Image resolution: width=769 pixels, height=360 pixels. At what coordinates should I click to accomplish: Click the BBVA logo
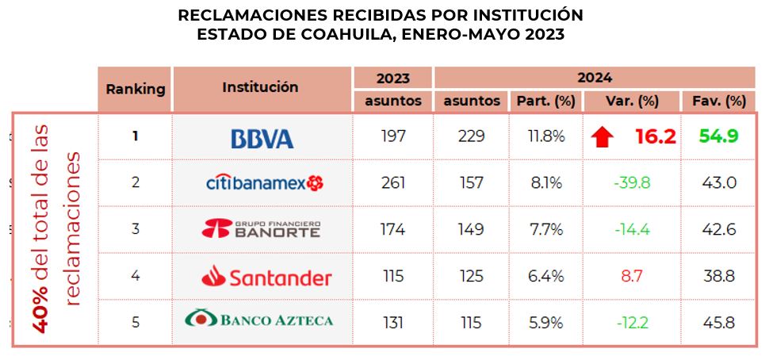[262, 138]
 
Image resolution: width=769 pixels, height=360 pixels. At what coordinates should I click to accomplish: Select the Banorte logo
[262, 230]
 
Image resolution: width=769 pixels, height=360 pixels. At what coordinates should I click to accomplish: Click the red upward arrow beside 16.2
[603, 137]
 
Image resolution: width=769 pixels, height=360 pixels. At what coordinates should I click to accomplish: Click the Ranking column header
[136, 89]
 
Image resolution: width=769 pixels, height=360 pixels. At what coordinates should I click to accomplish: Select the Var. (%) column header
[632, 101]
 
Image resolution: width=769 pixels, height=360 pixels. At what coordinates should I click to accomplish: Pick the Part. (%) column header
[545, 101]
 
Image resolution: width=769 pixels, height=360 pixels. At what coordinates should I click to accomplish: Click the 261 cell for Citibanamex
[392, 183]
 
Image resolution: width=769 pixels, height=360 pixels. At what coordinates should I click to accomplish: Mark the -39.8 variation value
[631, 183]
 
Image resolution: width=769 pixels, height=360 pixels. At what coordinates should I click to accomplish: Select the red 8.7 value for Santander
[632, 276]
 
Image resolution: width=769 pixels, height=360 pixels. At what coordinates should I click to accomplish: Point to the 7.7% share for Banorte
[545, 230]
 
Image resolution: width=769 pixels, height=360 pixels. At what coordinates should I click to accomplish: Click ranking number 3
[136, 230]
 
